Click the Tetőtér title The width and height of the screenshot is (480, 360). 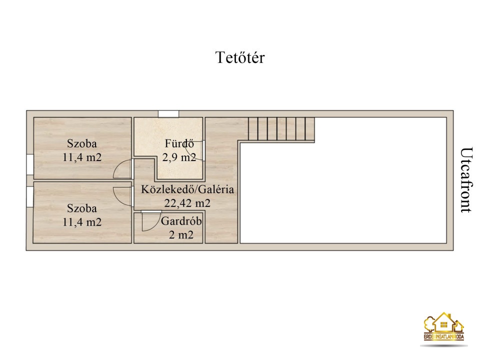[x=240, y=57]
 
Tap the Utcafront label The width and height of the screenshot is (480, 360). [x=466, y=180]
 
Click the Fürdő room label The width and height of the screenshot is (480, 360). [x=179, y=143]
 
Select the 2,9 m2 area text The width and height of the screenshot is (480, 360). [x=179, y=157]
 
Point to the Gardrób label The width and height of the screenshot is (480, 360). [x=181, y=221]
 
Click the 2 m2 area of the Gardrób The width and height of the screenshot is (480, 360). [x=181, y=235]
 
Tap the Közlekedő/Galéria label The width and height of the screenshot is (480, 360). [x=187, y=189]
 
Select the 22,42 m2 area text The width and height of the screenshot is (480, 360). [x=187, y=203]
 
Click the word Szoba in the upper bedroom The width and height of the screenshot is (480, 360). [x=82, y=143]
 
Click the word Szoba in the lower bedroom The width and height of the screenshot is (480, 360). [x=82, y=208]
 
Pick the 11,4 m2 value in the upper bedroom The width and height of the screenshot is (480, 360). [x=82, y=157]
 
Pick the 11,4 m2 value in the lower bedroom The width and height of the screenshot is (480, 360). [x=82, y=222]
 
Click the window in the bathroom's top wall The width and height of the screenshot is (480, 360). [x=168, y=114]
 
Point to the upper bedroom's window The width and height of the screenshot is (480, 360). [x=30, y=164]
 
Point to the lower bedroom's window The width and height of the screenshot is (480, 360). [x=30, y=197]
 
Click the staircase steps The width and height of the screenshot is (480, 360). [x=281, y=129]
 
